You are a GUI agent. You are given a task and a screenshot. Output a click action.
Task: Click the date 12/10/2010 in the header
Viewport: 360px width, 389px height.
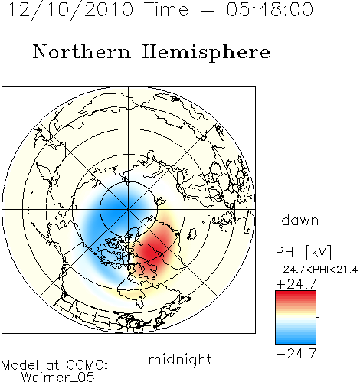(x=70, y=10)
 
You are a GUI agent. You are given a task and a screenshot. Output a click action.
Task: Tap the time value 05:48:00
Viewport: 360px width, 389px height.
(x=270, y=9)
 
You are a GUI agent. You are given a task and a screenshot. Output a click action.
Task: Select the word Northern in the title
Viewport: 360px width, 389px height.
(x=82, y=51)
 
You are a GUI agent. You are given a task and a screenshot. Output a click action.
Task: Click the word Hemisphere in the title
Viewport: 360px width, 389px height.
(x=206, y=53)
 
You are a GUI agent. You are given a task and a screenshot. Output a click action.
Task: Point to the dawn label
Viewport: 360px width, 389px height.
(x=300, y=220)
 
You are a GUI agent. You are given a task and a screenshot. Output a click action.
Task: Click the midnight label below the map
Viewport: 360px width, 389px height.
(x=180, y=359)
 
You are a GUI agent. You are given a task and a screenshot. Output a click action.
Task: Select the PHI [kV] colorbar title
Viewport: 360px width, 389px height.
(x=303, y=252)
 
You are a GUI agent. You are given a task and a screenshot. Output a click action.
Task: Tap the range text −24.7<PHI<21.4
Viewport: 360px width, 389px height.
(x=316, y=270)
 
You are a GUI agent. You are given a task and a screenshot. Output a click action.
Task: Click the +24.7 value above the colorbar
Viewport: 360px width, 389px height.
(x=296, y=284)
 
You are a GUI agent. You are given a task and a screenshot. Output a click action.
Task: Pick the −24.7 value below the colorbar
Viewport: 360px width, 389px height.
(x=296, y=354)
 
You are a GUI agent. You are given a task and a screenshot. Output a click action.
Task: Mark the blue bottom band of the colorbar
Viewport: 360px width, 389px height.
(x=296, y=339)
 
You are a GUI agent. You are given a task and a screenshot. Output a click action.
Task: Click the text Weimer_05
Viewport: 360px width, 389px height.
(x=58, y=378)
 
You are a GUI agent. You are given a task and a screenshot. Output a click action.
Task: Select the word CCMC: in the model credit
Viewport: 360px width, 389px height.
(x=87, y=365)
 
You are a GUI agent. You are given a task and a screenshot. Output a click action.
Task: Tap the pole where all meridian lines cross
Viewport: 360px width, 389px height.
(x=128, y=209)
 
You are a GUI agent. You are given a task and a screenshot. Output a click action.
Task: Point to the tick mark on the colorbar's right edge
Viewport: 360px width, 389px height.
(x=318, y=317)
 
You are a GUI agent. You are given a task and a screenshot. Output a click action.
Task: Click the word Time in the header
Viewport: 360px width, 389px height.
(x=166, y=9)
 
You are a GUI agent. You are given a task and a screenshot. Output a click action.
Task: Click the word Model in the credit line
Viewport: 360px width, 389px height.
(x=20, y=365)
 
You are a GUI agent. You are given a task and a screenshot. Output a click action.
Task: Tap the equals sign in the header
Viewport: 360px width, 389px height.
(x=208, y=11)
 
